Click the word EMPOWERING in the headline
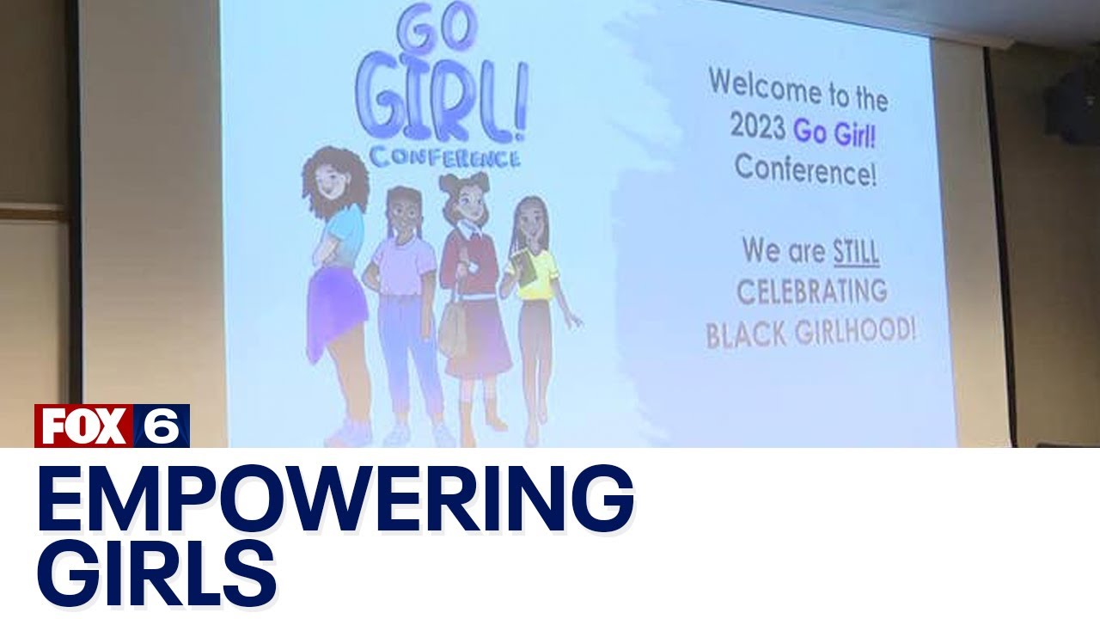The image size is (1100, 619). click(x=335, y=499)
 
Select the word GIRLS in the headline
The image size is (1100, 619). click(x=156, y=575)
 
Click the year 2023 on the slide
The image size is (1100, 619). click(x=757, y=126)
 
